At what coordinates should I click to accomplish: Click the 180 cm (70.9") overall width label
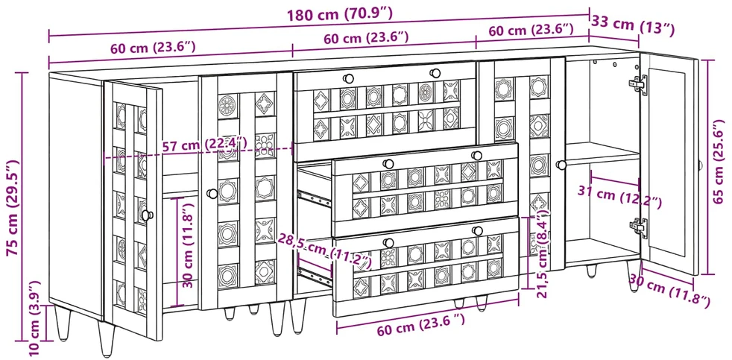coord(339,14)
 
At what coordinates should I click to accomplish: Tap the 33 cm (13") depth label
coord(633,25)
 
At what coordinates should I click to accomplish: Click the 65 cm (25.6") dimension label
coord(719,162)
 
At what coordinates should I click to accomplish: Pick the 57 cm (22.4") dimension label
coord(204,145)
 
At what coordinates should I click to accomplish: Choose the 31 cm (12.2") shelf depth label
coord(619,197)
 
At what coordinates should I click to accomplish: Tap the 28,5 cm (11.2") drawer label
coord(324,250)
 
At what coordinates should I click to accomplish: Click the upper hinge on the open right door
coord(637,84)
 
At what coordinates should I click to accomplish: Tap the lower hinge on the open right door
coord(638,227)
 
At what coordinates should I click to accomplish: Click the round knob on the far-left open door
coord(147,215)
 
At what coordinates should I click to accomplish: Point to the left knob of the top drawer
coord(348,78)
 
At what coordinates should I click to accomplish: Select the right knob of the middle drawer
coord(476,156)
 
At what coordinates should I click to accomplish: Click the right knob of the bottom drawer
coord(476,230)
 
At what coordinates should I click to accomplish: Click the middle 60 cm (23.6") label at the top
coord(367,38)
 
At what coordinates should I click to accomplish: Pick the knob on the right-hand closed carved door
coord(561,165)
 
